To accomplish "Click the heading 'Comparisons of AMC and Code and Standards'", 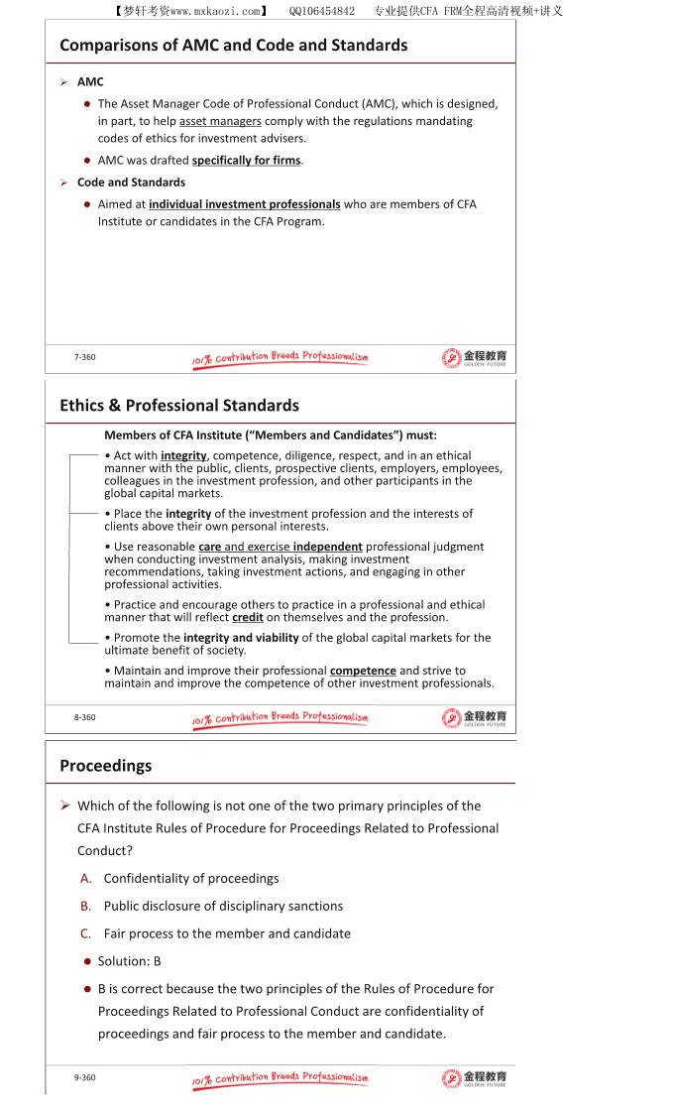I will (233, 45).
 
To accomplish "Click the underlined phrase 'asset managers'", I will (220, 121).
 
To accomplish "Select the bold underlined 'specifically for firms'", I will (247, 160).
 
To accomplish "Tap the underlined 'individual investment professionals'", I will (245, 204).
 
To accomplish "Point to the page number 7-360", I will (85, 357).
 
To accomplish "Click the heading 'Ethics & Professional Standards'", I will (178, 405).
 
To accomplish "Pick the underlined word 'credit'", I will (248, 617).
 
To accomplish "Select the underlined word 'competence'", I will (363, 671).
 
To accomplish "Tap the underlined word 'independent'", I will (327, 547).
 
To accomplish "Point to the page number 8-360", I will (85, 717).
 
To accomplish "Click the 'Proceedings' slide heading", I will (105, 765).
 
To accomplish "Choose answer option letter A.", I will (86, 878).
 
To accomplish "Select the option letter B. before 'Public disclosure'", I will (86, 906).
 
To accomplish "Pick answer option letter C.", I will (86, 933).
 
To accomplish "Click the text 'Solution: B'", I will (129, 961).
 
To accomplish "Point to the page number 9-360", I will (85, 1077).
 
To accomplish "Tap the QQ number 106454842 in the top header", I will (322, 11).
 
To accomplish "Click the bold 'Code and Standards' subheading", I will (131, 183).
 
